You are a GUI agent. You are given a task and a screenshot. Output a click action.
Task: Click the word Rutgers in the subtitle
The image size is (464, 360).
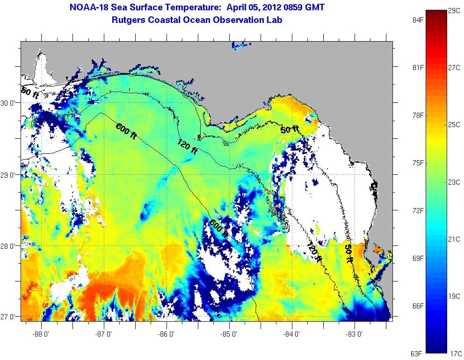tap(129, 20)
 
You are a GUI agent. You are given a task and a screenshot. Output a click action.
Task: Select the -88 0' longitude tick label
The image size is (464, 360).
tap(41, 334)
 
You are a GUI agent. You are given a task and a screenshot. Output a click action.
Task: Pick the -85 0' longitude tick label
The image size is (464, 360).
tap(229, 334)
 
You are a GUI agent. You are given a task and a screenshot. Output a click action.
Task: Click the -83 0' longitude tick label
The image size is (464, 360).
tap(355, 334)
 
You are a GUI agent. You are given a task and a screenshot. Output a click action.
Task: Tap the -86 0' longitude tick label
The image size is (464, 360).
tap(167, 334)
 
